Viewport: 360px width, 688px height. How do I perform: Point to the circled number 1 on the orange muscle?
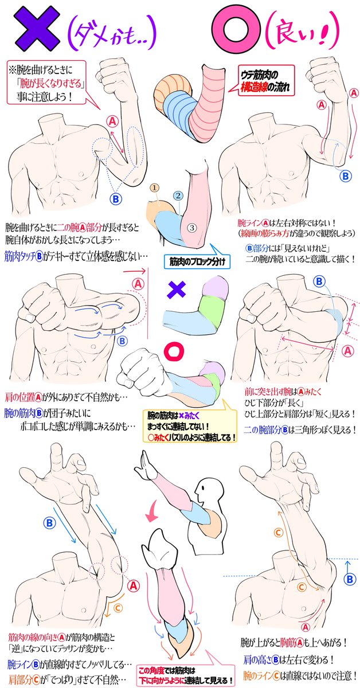tap(154, 187)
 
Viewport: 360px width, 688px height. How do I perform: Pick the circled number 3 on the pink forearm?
tap(193, 228)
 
